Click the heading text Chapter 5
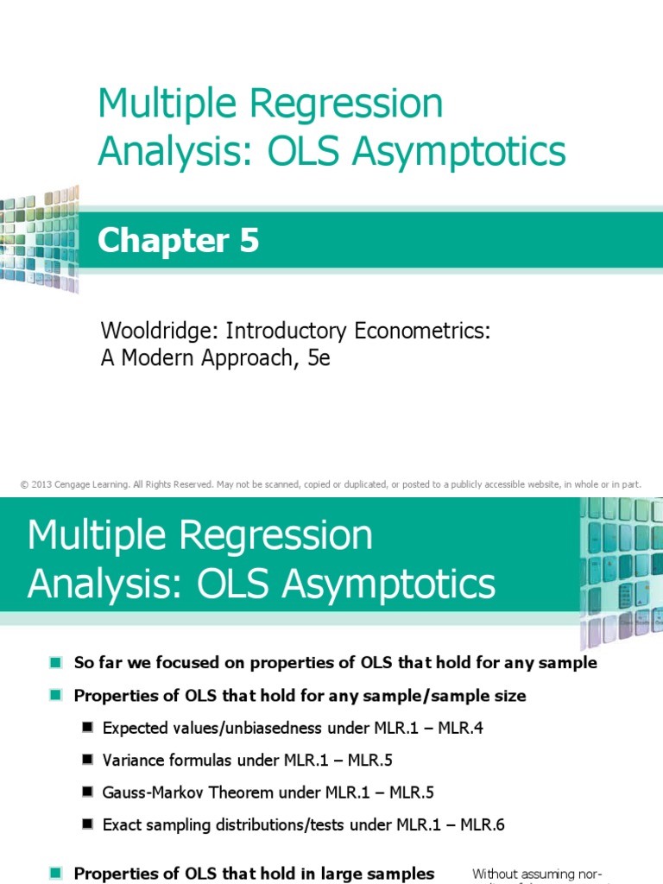[178, 241]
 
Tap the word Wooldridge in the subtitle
[150, 331]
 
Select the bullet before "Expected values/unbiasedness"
[87, 728]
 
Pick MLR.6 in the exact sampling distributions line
[484, 824]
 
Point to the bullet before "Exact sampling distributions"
[87, 824]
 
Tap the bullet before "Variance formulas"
[87, 761]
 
